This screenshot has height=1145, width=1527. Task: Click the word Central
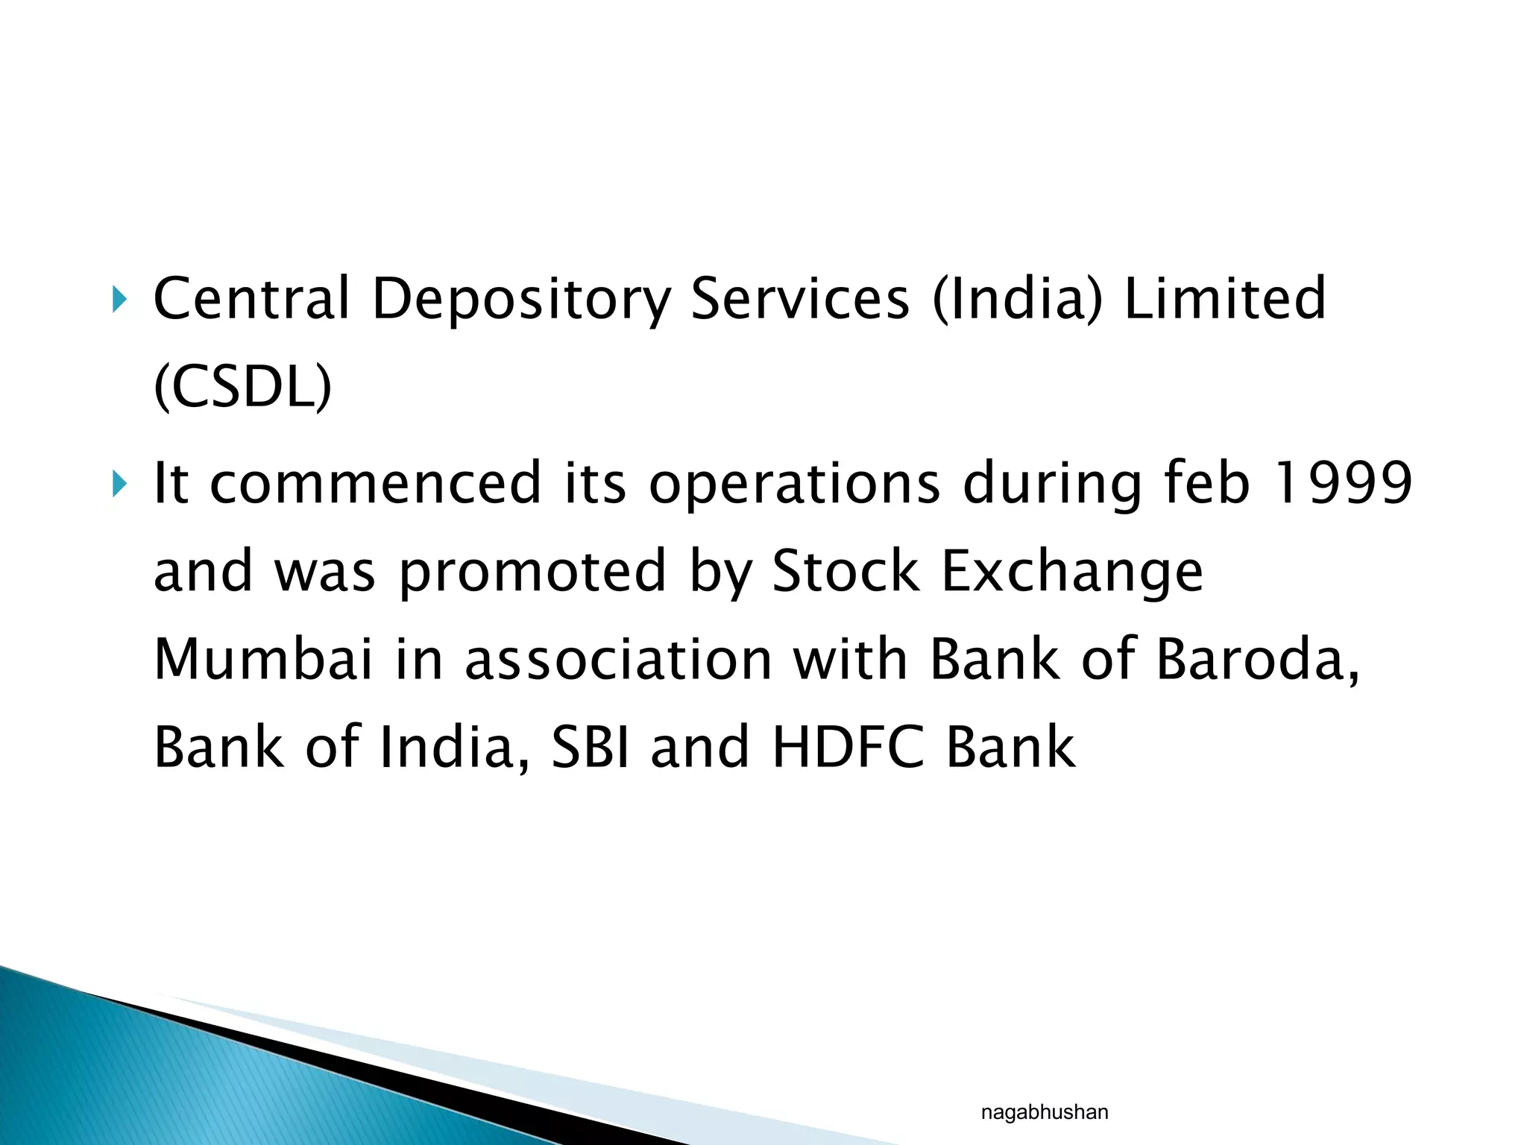251,299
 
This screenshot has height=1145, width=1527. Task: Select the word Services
800,299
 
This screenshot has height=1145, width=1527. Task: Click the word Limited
1224,299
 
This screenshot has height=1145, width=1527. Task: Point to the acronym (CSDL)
242,387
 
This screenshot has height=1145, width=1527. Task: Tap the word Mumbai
262,660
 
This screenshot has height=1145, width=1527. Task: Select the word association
618,660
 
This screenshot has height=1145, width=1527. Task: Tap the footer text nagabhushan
1044,1113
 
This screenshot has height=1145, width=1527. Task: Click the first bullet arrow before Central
119,300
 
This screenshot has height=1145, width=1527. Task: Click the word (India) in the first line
1017,299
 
